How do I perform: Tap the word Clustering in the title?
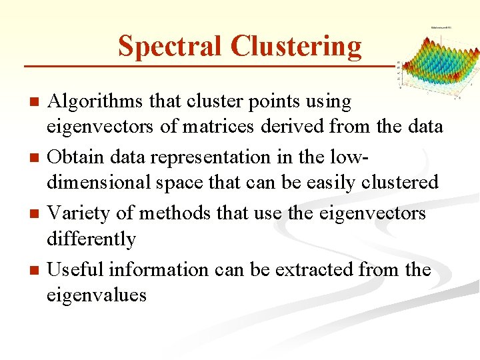(x=296, y=46)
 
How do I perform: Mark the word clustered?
(x=399, y=182)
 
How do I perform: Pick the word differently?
(x=91, y=238)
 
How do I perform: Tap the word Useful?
(x=75, y=270)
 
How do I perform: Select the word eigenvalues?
(x=96, y=294)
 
